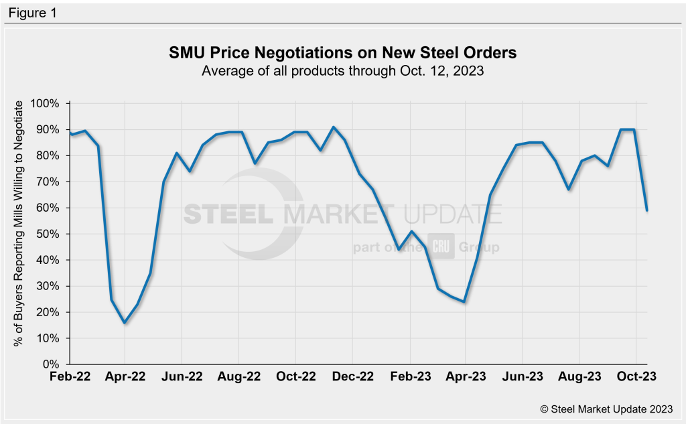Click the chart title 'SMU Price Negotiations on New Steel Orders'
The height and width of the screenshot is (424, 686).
click(343, 53)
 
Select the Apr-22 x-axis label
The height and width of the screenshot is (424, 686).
click(125, 376)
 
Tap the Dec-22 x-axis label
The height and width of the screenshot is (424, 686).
click(353, 376)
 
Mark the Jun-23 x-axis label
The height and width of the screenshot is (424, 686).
click(524, 376)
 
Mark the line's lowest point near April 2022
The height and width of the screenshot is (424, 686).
click(125, 323)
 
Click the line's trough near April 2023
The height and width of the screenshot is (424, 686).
click(464, 302)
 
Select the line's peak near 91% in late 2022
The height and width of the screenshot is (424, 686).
click(334, 127)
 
